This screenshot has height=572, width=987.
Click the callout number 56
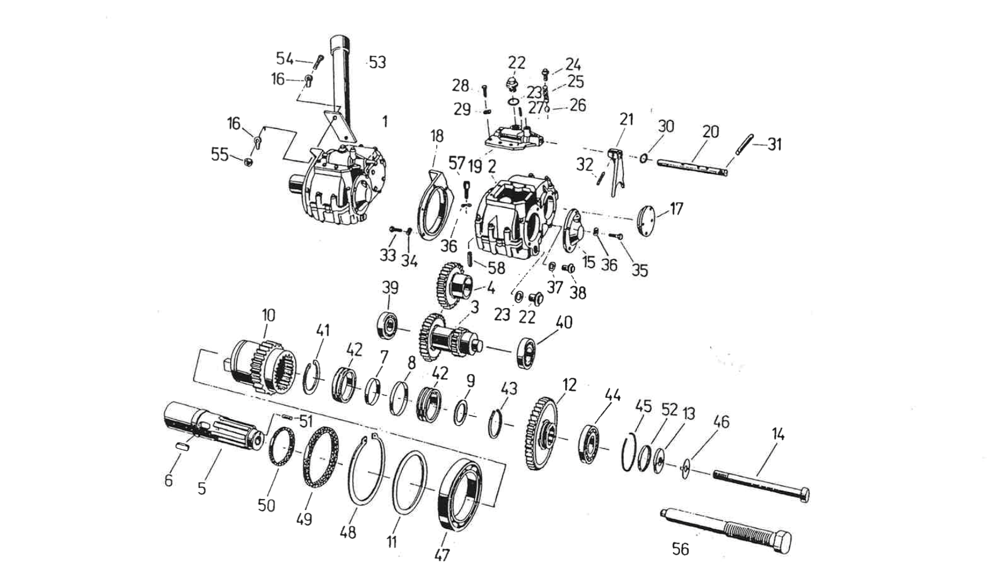(x=680, y=548)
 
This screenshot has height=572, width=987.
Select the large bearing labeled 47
(x=461, y=493)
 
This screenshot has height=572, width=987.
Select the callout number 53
(x=377, y=62)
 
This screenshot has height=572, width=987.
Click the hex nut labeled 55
(x=247, y=162)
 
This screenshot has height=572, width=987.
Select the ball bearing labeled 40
(x=528, y=350)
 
